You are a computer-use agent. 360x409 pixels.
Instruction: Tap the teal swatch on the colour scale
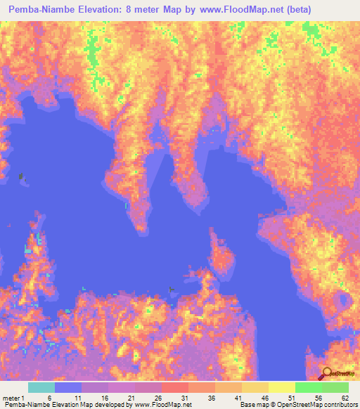(x=41, y=388)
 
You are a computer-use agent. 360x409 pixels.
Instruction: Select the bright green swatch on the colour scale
(x=308, y=388)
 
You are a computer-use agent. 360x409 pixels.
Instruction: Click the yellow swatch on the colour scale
(x=281, y=388)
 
